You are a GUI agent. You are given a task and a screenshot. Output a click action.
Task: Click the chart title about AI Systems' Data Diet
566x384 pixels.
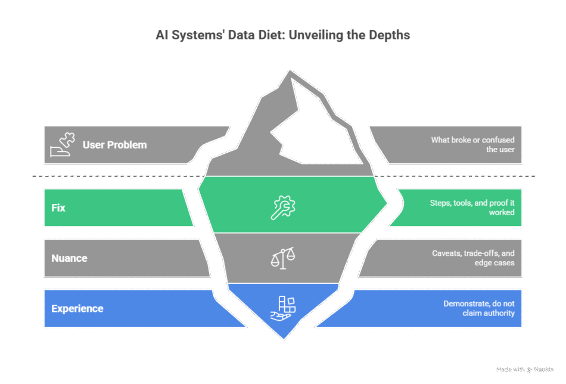pyautogui.click(x=283, y=35)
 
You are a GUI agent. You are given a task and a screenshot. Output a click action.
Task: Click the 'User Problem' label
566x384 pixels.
pyautogui.click(x=114, y=145)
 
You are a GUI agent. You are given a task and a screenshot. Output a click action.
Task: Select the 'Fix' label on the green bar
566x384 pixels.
pyautogui.click(x=58, y=208)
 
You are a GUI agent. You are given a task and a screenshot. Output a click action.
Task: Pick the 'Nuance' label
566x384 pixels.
pyautogui.click(x=69, y=258)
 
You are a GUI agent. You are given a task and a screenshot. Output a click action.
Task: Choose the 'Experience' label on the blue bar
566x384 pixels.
pyautogui.click(x=77, y=308)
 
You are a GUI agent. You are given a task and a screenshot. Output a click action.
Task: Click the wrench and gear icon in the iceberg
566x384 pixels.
pyautogui.click(x=284, y=207)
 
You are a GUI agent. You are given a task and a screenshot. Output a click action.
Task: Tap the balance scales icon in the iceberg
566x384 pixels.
pyautogui.click(x=284, y=258)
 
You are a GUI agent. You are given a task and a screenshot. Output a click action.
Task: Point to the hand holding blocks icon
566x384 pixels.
pyautogui.click(x=283, y=308)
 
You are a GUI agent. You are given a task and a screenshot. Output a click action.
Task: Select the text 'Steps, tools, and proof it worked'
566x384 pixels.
pyautogui.click(x=472, y=208)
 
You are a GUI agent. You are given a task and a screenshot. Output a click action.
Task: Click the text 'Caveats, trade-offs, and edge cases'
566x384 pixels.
pyautogui.click(x=473, y=258)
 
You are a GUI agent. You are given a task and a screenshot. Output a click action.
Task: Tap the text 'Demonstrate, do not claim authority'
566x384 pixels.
pyautogui.click(x=478, y=308)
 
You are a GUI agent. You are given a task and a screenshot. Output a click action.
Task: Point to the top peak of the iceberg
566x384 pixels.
pyautogui.click(x=291, y=71)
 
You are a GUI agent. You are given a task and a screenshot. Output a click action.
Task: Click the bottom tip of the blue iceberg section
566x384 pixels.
pyautogui.click(x=284, y=338)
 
